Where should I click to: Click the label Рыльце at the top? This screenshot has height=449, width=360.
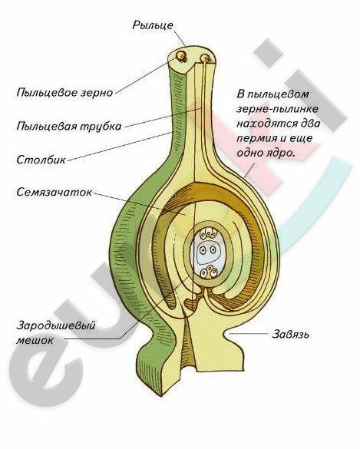tap(153, 25)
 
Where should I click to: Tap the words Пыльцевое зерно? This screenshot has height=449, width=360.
tap(64, 93)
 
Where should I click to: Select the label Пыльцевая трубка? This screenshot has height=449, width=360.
tap(69, 127)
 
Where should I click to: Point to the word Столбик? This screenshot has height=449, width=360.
tap(41, 159)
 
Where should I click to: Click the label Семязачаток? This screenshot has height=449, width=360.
tap(54, 192)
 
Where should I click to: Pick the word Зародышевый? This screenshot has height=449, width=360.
tap(55, 326)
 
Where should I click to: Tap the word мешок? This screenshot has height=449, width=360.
tap(35, 341)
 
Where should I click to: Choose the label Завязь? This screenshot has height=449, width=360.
tap(290, 334)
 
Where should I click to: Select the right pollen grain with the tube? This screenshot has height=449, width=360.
tap(205, 58)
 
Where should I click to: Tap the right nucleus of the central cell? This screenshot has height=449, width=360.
tap(213, 249)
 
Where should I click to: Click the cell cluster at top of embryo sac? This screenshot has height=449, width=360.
tap(208, 233)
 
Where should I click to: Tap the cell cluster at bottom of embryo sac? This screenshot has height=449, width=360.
tap(208, 272)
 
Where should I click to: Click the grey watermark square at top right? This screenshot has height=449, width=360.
tap(269, 53)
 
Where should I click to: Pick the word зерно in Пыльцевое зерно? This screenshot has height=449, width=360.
tap(97, 93)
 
